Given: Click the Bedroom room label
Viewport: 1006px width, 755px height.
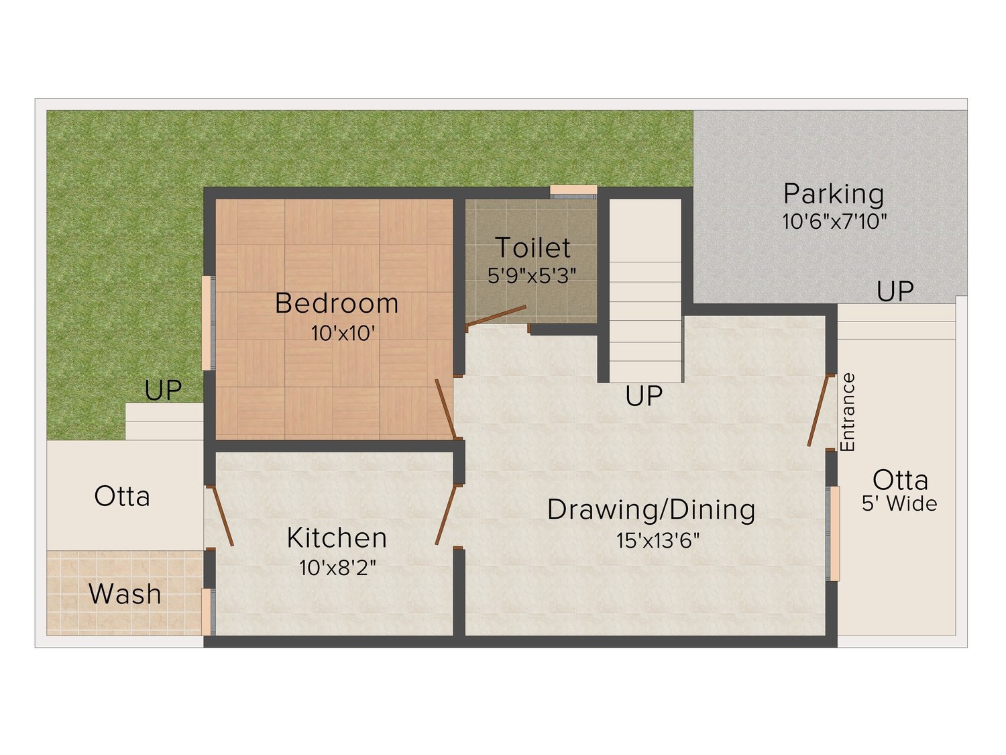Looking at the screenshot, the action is pos(337,303).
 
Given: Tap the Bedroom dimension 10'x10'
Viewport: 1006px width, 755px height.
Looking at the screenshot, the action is pos(343,334).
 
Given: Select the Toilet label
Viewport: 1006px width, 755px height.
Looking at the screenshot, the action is pos(533,248).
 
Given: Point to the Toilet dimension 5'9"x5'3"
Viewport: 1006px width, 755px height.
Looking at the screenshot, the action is pos(532,276).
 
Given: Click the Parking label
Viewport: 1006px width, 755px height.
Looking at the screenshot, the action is pos(834,194).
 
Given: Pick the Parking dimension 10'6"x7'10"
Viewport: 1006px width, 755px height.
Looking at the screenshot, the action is pos(834,222).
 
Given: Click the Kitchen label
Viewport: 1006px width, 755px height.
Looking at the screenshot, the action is pos(337,538).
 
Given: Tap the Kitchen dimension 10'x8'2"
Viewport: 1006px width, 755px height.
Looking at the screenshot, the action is pos(338,568).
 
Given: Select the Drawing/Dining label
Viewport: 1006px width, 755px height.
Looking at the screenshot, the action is pos(651,510).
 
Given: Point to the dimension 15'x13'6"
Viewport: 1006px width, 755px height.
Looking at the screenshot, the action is pos(658,540).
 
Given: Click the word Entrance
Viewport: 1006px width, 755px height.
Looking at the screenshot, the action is pos(848,412).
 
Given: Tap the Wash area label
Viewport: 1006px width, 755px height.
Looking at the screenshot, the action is pos(125,594).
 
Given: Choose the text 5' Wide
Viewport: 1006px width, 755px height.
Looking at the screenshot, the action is pos(899,503).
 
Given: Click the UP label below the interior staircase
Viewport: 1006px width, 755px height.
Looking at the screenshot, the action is pos(644,395).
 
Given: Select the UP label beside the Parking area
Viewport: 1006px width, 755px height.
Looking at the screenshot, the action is pos(895,291).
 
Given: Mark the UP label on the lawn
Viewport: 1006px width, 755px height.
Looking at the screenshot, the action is pos(163,390).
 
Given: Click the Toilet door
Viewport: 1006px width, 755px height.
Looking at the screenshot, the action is pos(496,316).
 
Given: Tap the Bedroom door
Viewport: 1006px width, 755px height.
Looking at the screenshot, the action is pos(445,409).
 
